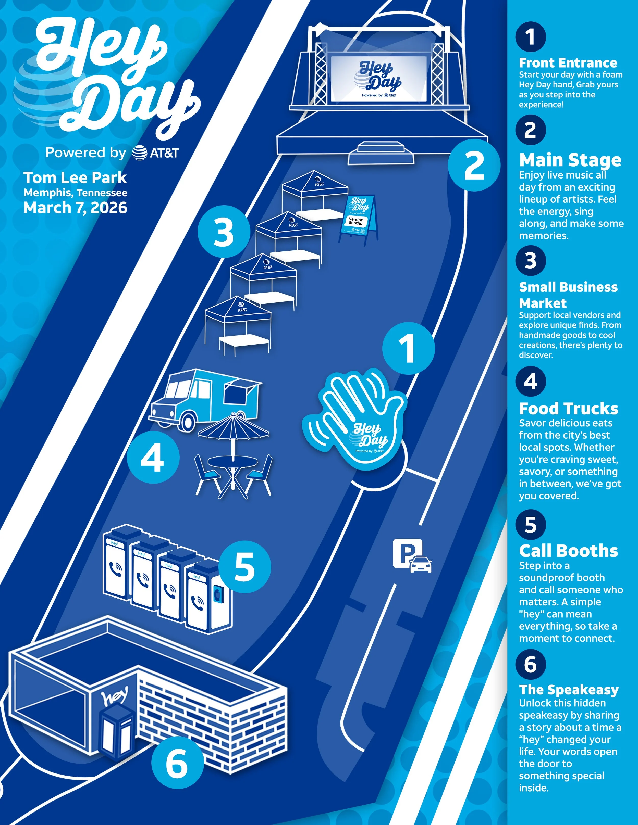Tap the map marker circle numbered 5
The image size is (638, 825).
click(245, 567)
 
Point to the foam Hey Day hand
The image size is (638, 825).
click(355, 419)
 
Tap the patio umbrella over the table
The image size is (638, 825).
click(234, 427)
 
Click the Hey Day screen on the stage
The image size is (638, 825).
click(379, 79)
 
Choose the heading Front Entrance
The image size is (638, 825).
click(568, 63)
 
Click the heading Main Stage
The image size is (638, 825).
click(570, 160)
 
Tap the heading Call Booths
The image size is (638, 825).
click(568, 551)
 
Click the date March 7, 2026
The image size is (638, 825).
click(75, 208)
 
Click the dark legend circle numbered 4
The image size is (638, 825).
click(531, 382)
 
